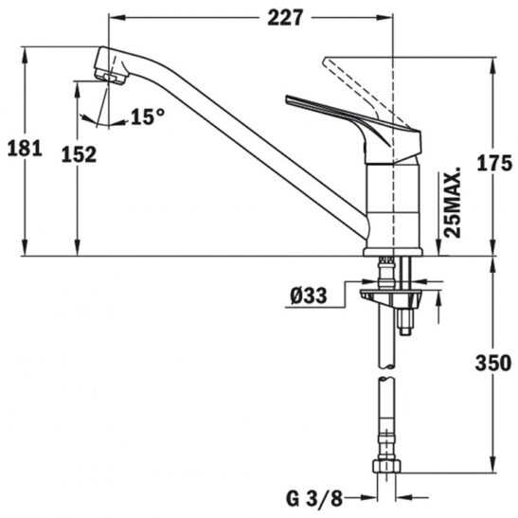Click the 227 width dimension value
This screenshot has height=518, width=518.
click(x=285, y=17)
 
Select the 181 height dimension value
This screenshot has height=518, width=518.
click(x=25, y=148)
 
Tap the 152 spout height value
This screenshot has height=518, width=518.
click(x=79, y=154)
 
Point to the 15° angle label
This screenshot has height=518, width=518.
click(x=148, y=116)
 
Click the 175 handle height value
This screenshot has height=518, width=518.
click(x=494, y=163)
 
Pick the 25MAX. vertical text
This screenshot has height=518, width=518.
click(x=452, y=202)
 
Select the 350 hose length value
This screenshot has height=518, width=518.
click(x=493, y=363)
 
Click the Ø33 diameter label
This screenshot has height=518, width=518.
click(x=309, y=295)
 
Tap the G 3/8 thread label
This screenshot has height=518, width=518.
click(x=314, y=498)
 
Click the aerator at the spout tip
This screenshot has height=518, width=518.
click(x=110, y=78)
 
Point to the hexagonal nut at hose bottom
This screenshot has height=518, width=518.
click(x=386, y=466)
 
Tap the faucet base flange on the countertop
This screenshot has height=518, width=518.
click(x=393, y=252)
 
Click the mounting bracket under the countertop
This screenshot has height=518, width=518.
click(x=391, y=296)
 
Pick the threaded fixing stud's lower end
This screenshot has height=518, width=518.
click(x=405, y=332)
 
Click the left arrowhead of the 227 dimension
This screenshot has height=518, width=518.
click(x=117, y=18)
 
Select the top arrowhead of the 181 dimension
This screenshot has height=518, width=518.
click(x=25, y=55)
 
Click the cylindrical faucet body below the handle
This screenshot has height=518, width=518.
click(x=394, y=205)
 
